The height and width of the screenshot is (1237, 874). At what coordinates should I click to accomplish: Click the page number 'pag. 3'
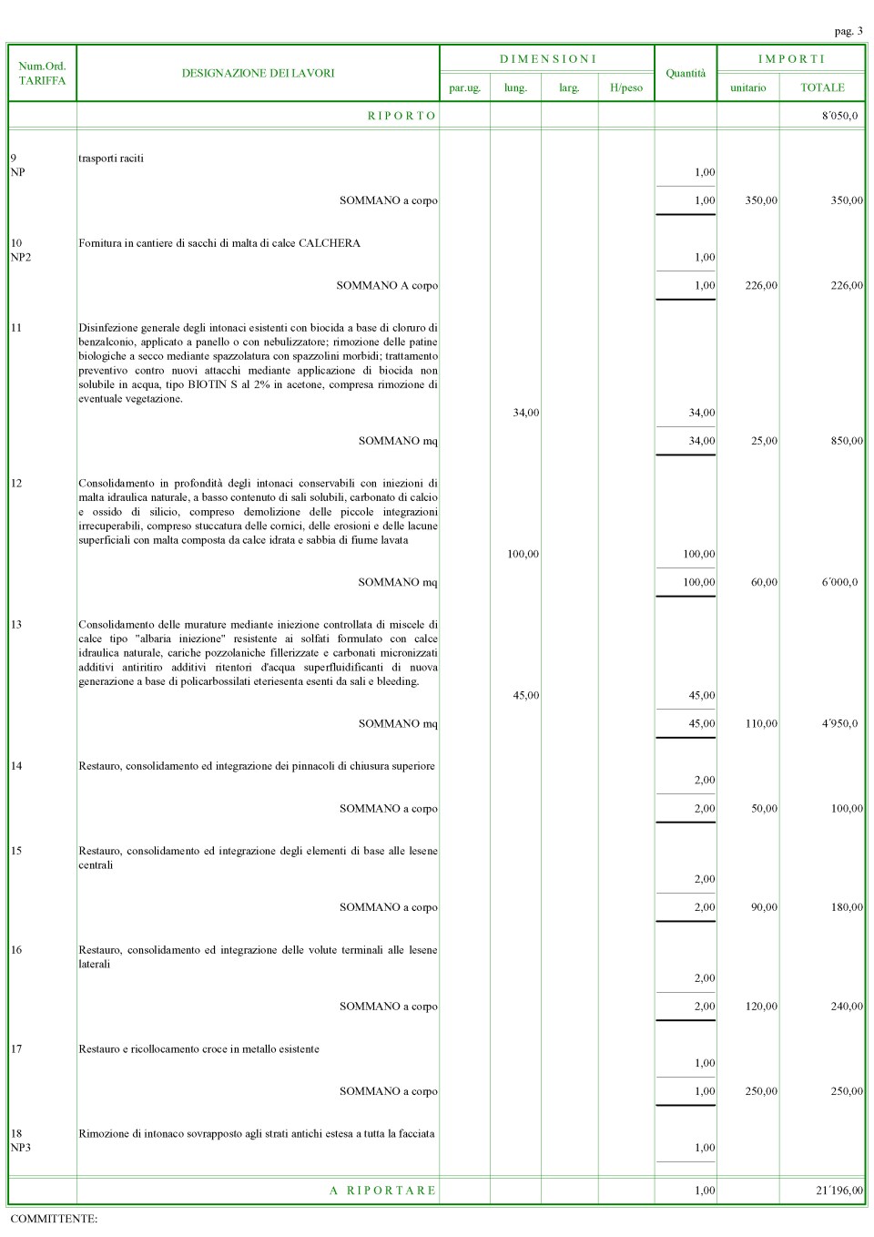coord(848,31)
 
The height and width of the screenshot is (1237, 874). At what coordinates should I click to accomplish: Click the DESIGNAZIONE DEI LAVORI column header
coord(258,73)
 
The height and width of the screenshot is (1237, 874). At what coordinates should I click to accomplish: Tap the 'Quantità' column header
coord(686,73)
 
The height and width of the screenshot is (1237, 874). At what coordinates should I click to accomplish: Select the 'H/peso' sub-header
coord(626,87)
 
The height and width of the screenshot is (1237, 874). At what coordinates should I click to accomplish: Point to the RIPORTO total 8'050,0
coord(839,116)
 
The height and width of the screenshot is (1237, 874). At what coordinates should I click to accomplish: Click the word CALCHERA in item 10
coord(330,243)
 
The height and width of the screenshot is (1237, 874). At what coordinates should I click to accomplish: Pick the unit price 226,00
coord(761,285)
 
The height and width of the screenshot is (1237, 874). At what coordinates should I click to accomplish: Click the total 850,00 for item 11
coord(847,441)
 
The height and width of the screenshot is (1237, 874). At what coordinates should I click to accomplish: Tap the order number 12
coord(16,483)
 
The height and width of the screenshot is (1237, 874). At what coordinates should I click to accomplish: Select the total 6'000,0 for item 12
coord(839,582)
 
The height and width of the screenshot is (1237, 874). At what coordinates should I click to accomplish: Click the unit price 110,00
coord(761,723)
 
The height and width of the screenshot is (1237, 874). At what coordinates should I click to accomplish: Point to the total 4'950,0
coord(839,723)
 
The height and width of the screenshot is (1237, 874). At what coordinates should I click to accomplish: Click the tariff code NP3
coord(20,1148)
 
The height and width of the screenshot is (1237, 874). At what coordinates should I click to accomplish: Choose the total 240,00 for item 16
coord(847,1007)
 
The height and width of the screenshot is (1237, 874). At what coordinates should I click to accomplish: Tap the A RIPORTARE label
coord(383,1191)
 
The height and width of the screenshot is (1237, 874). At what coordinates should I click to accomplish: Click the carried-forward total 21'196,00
coord(839,1191)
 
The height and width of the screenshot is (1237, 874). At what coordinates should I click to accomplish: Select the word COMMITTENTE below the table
coord(53,1219)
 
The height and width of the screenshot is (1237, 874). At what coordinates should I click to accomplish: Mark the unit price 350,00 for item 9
coord(761,200)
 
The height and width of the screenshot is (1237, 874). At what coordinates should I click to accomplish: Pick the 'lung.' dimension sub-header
coord(515,87)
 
